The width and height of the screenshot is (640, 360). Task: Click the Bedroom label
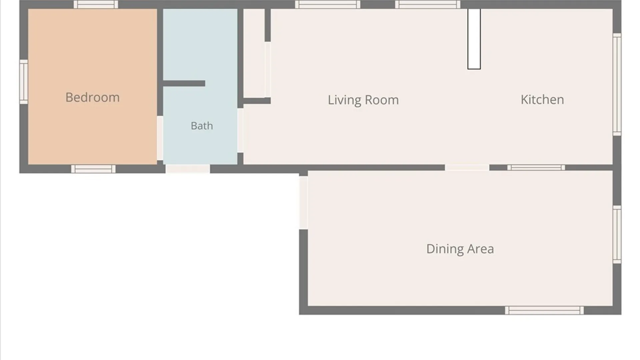[x=92, y=97]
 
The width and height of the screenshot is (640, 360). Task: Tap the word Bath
[x=202, y=126]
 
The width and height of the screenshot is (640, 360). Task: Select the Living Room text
[x=363, y=100]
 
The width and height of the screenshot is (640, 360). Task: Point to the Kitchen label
[x=542, y=100]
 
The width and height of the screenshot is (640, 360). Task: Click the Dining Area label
[x=460, y=249]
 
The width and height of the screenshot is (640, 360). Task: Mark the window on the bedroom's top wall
[x=96, y=4]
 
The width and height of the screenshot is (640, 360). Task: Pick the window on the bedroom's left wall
[x=24, y=82]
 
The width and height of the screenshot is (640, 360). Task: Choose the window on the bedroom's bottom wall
[x=93, y=169]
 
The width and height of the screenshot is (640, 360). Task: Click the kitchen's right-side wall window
[x=617, y=84]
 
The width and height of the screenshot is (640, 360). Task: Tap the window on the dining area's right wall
[x=617, y=235]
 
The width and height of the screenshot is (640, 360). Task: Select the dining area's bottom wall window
[x=544, y=310]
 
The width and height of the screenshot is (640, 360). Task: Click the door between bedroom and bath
[x=160, y=138]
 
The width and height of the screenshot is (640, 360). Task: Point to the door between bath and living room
[x=240, y=130]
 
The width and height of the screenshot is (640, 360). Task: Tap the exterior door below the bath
[x=188, y=169]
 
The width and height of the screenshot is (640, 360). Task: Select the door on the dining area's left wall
[x=303, y=202]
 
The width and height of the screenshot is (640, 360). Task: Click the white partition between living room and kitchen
[x=474, y=39]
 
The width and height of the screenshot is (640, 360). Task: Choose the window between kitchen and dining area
[x=536, y=168]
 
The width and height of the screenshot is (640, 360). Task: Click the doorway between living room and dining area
[x=467, y=168]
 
